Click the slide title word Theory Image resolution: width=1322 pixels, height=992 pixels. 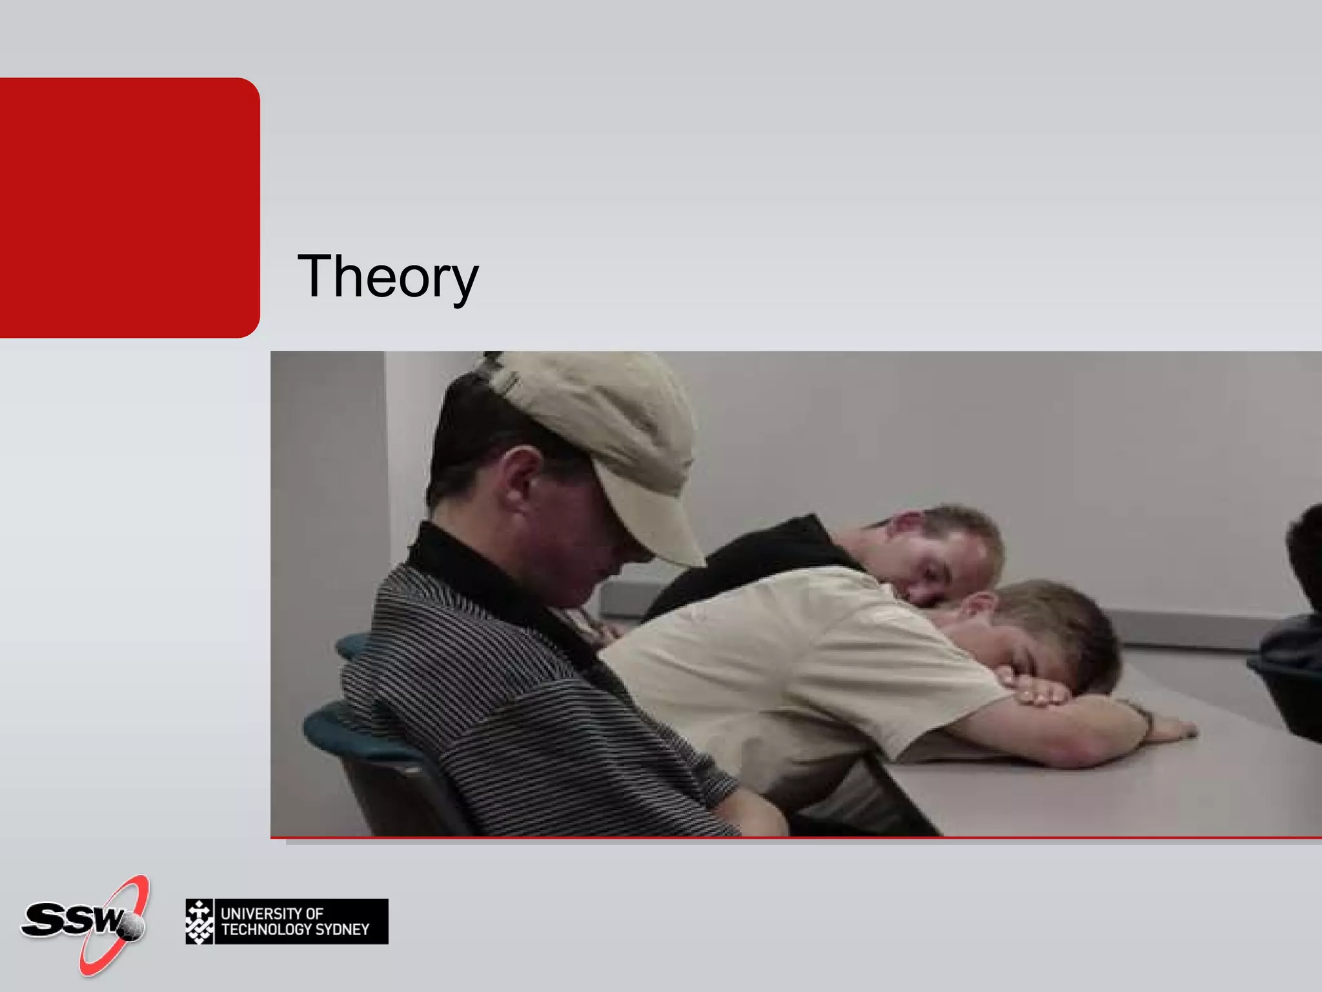[387, 276]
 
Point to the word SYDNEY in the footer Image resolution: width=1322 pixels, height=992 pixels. [342, 929]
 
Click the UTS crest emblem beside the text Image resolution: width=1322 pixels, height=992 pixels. [199, 922]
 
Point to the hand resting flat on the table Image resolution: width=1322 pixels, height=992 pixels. [1168, 730]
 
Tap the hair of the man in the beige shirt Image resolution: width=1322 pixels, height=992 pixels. [1065, 620]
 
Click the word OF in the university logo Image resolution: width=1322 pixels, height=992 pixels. [314, 913]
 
